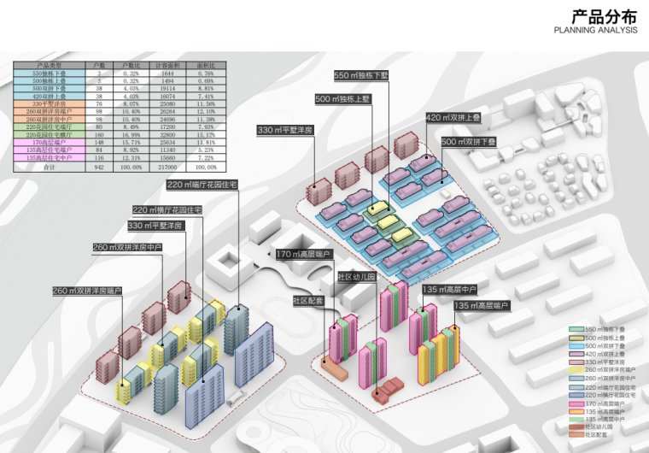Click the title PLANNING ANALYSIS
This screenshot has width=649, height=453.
(x=595, y=30)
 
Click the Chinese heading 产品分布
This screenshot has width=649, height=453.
(x=604, y=16)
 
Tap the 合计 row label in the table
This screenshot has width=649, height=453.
(x=49, y=168)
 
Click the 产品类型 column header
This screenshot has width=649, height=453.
(x=49, y=65)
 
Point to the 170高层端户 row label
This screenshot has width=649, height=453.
(x=49, y=142)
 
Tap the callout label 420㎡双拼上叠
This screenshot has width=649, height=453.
(x=453, y=118)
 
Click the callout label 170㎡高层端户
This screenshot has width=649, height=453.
(x=303, y=254)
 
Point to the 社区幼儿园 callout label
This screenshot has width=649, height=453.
(x=357, y=277)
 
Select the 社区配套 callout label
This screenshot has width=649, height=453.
(x=308, y=301)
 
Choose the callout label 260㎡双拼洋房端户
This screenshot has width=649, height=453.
(x=88, y=291)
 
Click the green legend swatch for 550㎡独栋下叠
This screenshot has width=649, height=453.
(x=576, y=329)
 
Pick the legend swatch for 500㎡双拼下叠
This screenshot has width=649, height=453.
(x=576, y=346)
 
